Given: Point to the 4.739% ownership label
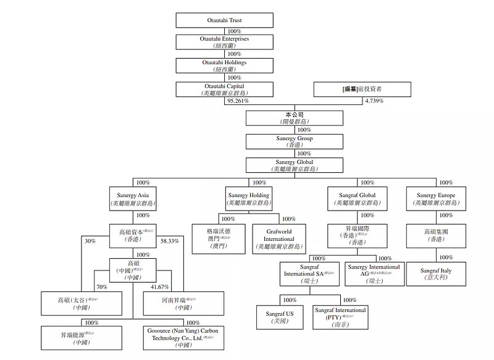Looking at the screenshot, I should (374, 101).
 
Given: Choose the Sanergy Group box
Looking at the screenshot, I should (295, 141).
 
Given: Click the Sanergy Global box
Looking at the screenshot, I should (295, 165).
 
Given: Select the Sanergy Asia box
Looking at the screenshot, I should (134, 198).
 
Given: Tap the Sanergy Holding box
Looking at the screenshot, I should (248, 198).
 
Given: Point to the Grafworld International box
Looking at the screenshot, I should (278, 238).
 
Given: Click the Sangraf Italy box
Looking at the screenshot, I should (436, 273).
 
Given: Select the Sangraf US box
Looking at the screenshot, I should (282, 317).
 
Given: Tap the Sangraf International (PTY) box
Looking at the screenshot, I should (340, 317).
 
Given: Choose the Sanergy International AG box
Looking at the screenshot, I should (374, 273).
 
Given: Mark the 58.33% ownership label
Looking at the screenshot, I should (170, 241).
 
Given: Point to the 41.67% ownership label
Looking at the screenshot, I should (161, 287).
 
